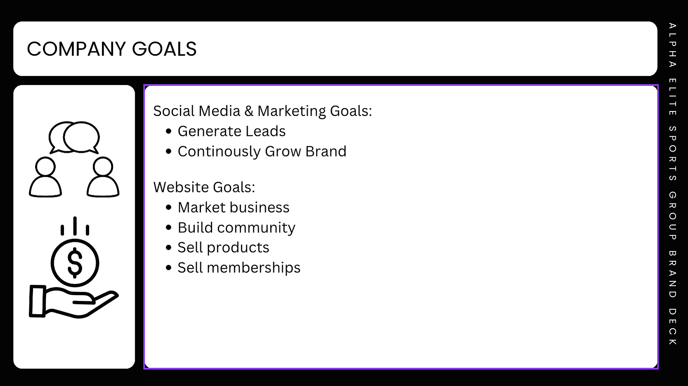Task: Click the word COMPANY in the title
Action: [x=76, y=49]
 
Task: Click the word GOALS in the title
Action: [x=164, y=49]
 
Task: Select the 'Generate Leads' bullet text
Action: [x=232, y=131]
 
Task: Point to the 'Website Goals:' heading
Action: [x=204, y=187]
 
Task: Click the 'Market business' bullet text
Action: [x=234, y=207]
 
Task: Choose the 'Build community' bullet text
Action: [x=236, y=228]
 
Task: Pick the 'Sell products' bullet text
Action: [x=223, y=248]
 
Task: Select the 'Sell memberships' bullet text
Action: [x=239, y=268]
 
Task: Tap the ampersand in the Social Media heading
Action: [x=249, y=111]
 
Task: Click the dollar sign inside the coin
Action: [x=75, y=263]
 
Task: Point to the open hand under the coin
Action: [x=74, y=301]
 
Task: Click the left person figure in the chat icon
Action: [x=45, y=177]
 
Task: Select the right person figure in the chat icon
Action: [x=103, y=177]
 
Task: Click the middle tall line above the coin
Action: [x=75, y=226]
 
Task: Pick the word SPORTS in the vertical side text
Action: [x=673, y=153]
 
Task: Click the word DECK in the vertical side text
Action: [x=673, y=327]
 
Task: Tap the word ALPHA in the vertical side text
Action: [x=673, y=45]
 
